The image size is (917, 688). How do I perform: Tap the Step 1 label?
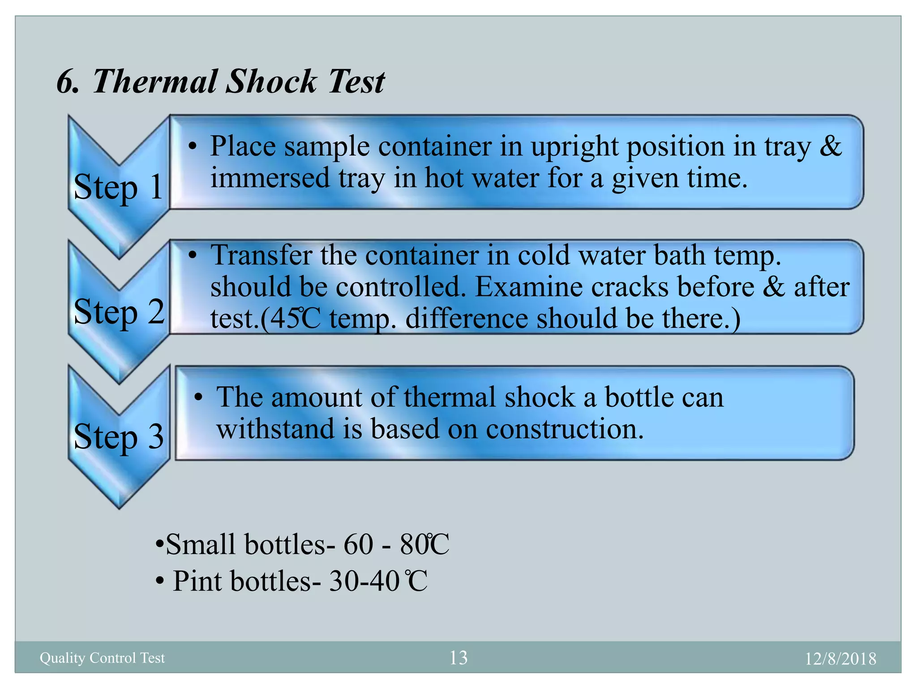click(x=118, y=187)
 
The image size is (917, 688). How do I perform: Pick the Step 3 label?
click(x=119, y=436)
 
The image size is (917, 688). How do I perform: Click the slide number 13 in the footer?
click(x=458, y=658)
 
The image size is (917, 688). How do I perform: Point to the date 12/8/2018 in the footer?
click(x=840, y=659)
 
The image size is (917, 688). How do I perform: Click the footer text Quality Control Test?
click(x=102, y=658)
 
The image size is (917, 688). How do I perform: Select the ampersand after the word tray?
click(x=831, y=146)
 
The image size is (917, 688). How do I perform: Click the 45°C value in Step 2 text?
click(x=296, y=319)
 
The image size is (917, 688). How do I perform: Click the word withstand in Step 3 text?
click(x=275, y=429)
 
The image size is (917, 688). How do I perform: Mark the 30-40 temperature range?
click(x=364, y=581)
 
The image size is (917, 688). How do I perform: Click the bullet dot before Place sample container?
click(x=193, y=146)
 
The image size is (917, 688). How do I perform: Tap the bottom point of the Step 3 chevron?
click(x=119, y=507)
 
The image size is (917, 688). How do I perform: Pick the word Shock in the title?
click(x=271, y=82)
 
